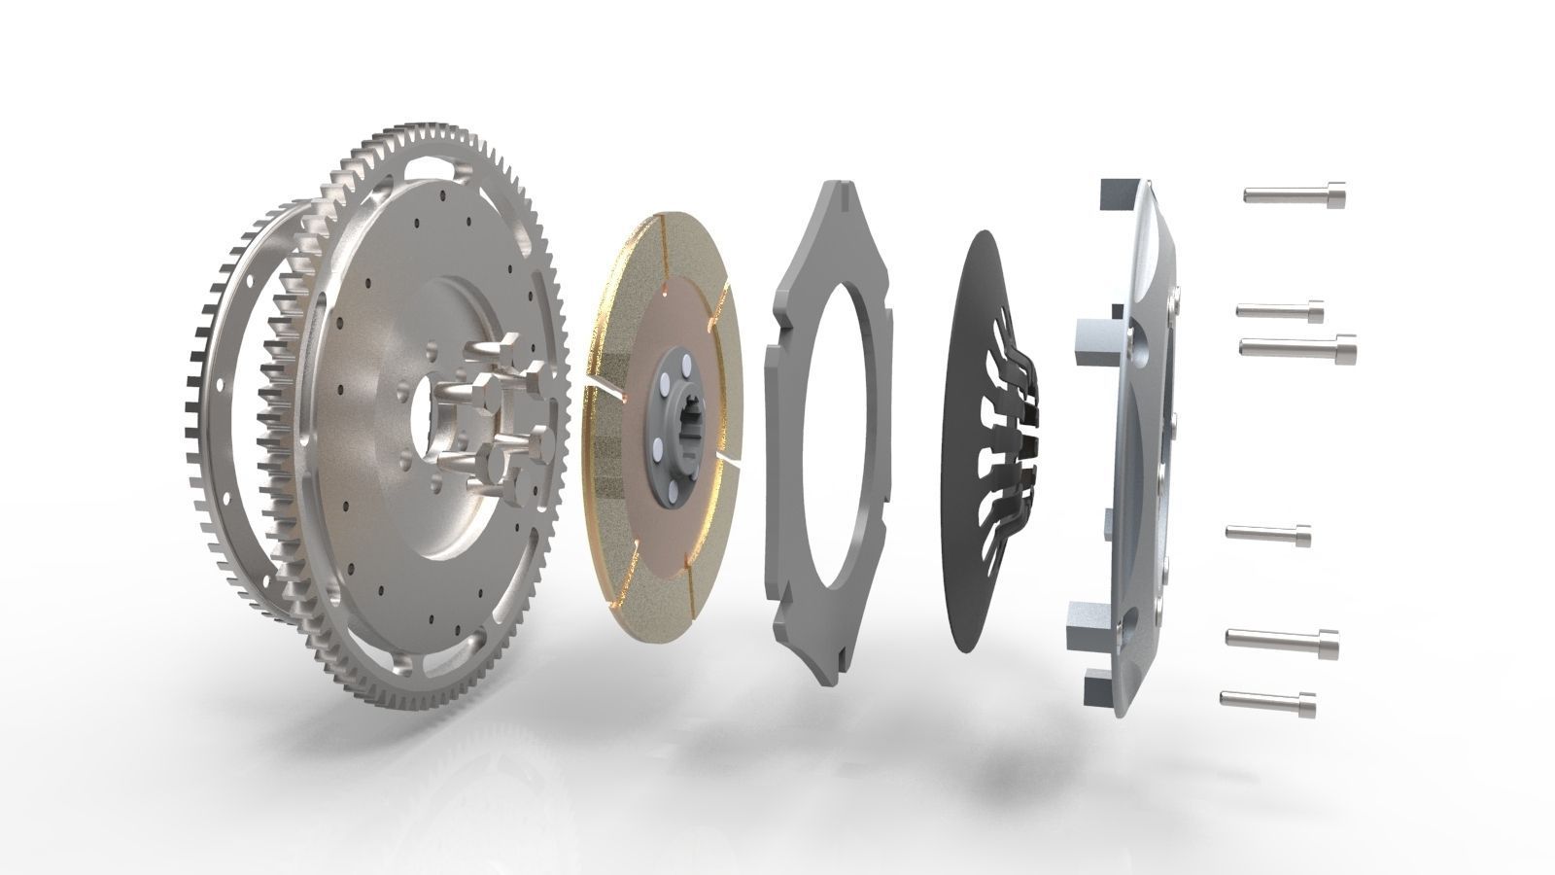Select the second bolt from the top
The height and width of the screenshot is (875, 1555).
tap(1280, 310)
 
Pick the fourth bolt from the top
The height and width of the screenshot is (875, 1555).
tap(1268, 533)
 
